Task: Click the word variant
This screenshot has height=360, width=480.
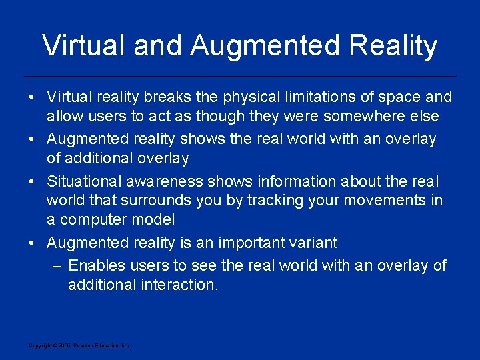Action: (x=315, y=243)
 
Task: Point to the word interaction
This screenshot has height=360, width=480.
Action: (x=180, y=285)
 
